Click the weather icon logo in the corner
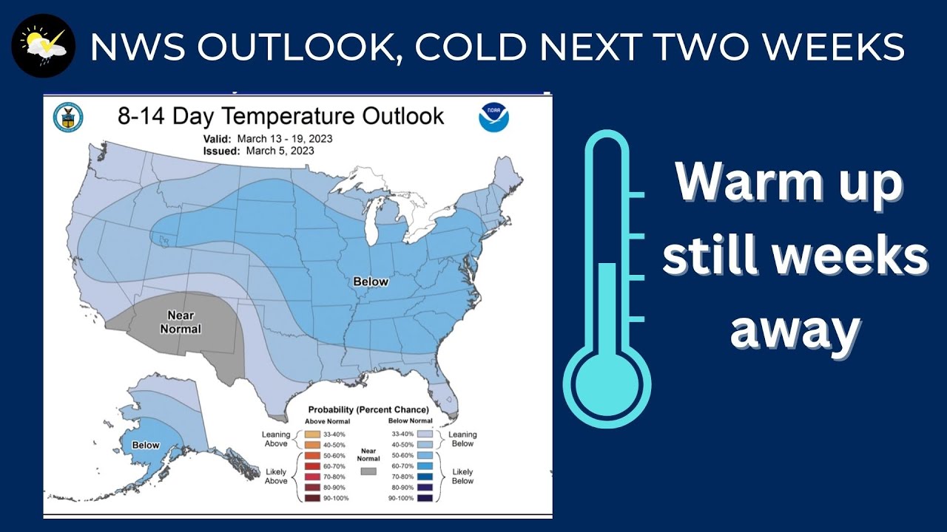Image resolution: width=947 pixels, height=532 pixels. point(44,45)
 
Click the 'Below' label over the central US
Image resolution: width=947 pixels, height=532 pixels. point(371,282)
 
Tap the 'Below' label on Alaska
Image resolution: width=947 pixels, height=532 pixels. point(146,445)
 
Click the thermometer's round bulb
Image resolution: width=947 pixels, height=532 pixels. point(607,384)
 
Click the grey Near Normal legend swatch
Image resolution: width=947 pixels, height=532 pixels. point(368,471)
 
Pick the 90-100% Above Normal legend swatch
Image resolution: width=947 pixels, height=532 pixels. point(311,499)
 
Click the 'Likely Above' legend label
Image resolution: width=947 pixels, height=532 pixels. point(275,476)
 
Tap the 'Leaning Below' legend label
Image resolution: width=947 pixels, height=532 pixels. point(462,439)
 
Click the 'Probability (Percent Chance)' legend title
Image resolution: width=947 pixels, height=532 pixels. point(368,409)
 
